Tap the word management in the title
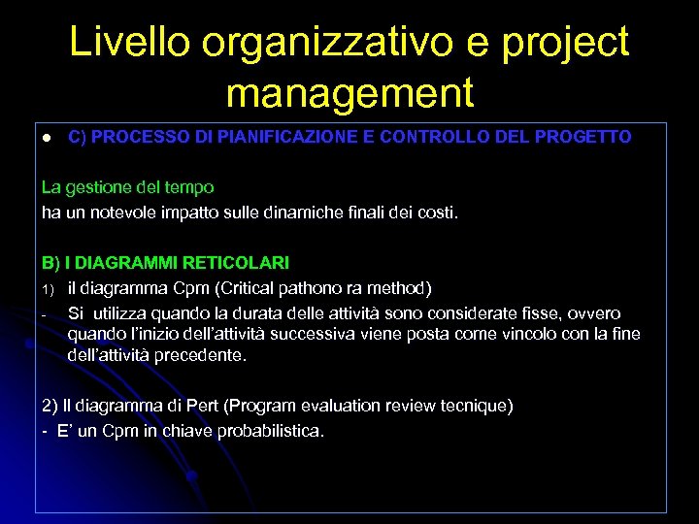[x=349, y=93]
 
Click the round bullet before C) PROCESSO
[x=45, y=138]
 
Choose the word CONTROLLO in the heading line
[x=433, y=137]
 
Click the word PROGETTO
[x=581, y=137]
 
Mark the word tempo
[x=191, y=186]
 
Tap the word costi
[x=435, y=212]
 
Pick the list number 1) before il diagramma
[x=48, y=288]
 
